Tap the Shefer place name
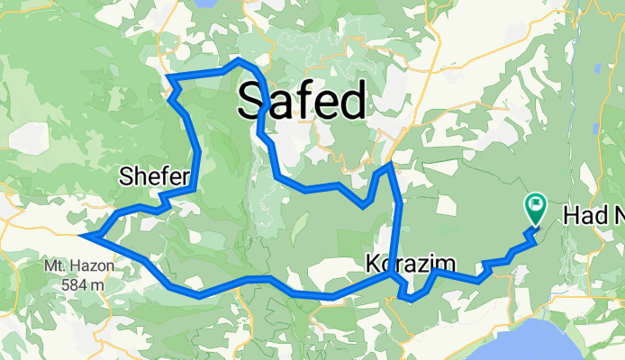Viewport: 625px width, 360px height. [153, 178]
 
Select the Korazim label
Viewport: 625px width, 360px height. [407, 264]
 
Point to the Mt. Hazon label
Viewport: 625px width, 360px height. [76, 268]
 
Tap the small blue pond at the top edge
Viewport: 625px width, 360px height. [204, 4]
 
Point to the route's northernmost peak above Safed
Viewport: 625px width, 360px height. [238, 60]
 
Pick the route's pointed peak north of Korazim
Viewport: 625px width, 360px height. [388, 166]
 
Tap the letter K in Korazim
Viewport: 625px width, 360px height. [374, 264]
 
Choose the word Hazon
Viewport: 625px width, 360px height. [88, 268]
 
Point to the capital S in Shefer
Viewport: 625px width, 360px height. [125, 178]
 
